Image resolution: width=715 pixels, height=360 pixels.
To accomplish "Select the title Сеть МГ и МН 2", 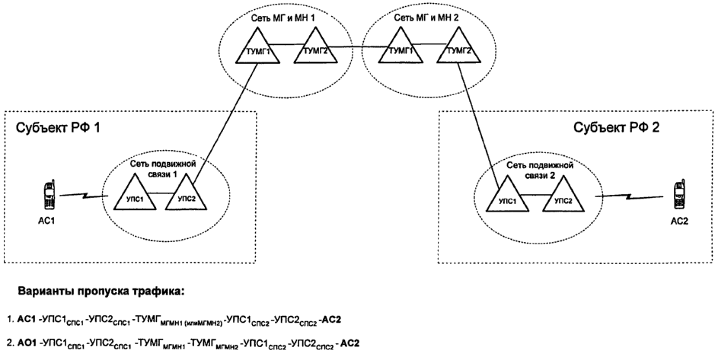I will (422, 15).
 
